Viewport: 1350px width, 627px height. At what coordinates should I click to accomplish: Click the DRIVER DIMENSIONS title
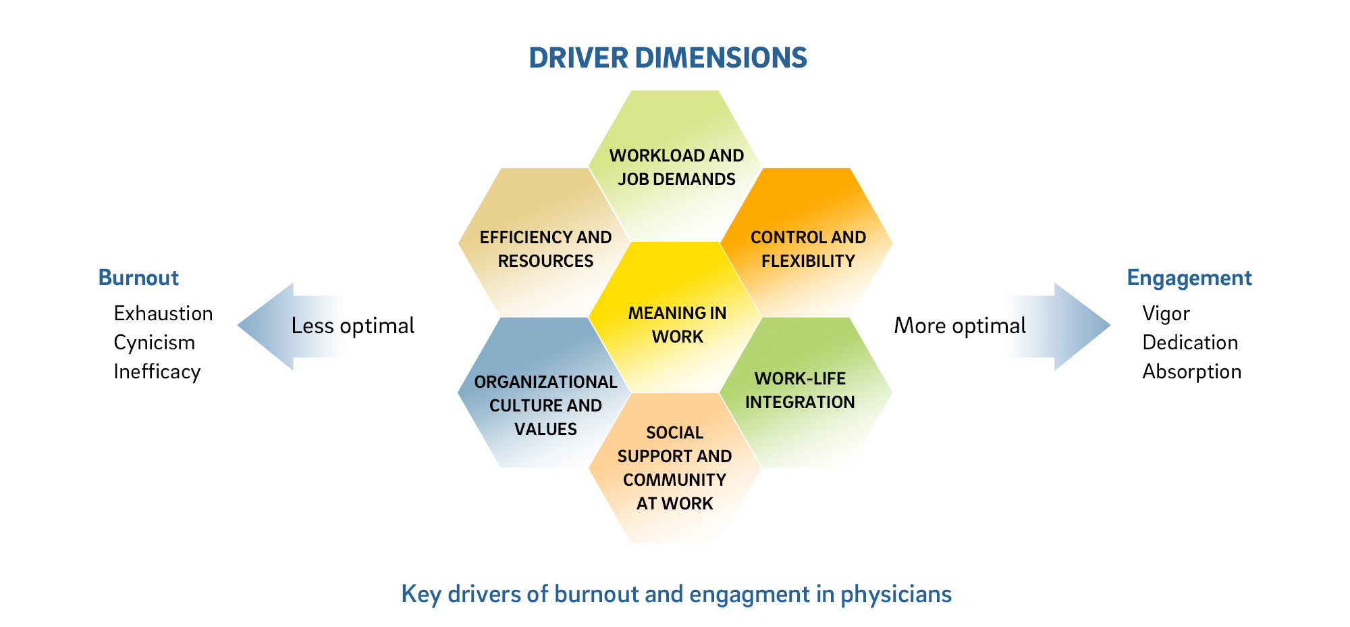pyautogui.click(x=668, y=58)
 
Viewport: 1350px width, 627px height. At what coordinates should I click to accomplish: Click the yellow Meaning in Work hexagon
pyautogui.click(x=676, y=324)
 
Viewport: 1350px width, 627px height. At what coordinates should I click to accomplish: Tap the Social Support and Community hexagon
pyautogui.click(x=675, y=468)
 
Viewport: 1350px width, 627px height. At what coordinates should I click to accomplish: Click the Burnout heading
pyautogui.click(x=138, y=278)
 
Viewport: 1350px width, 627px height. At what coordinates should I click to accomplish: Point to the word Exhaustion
pyautogui.click(x=163, y=313)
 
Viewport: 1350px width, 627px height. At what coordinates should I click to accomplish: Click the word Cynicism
pyautogui.click(x=155, y=343)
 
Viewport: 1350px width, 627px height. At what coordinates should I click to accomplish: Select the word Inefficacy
pyautogui.click(x=157, y=372)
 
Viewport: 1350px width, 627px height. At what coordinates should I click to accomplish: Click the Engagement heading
pyautogui.click(x=1189, y=278)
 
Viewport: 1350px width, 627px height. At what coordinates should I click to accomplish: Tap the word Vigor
pyautogui.click(x=1166, y=313)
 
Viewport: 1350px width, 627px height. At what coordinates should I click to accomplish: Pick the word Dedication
pyautogui.click(x=1190, y=343)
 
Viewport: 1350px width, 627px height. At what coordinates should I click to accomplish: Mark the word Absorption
pyautogui.click(x=1192, y=372)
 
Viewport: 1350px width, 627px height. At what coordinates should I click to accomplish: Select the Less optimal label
pyautogui.click(x=352, y=326)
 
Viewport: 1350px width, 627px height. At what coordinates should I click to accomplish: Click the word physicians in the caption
pyautogui.click(x=896, y=594)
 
